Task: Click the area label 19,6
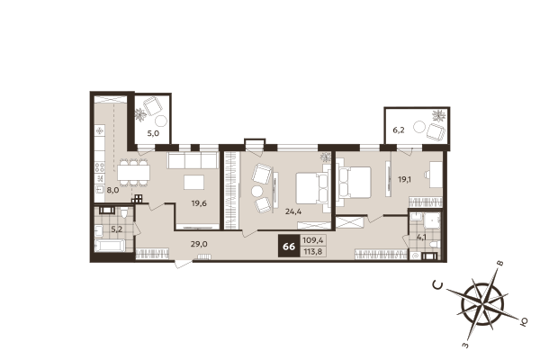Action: tap(199, 202)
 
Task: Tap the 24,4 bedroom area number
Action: tap(293, 212)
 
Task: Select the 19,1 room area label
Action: tap(405, 179)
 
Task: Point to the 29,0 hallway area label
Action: tap(199, 244)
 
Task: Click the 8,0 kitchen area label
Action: tap(112, 190)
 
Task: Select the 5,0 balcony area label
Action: tap(153, 133)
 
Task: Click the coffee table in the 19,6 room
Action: tap(193, 183)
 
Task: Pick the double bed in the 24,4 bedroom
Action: tap(311, 188)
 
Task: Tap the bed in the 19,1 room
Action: tap(354, 182)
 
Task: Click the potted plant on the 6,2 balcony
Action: tap(438, 116)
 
